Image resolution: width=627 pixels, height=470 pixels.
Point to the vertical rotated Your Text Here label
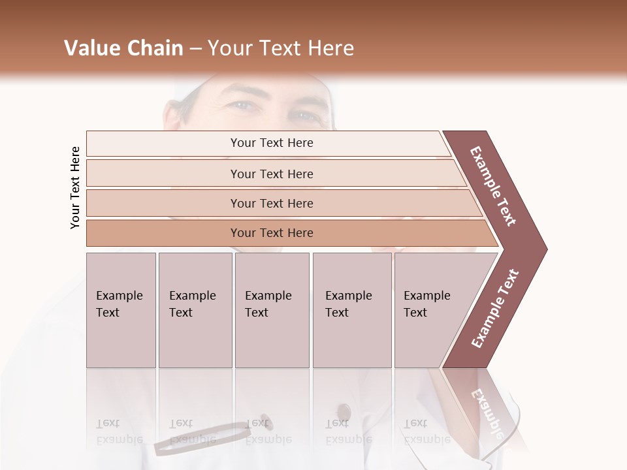point(75,187)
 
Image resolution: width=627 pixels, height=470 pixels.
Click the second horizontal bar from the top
point(272,174)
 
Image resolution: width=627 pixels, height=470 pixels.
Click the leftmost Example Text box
point(121,310)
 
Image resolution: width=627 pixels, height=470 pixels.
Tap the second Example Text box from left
point(195,310)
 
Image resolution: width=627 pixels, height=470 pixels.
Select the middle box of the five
point(272,310)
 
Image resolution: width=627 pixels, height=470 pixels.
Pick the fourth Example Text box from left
point(351,310)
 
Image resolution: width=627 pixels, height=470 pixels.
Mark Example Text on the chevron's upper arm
point(493,186)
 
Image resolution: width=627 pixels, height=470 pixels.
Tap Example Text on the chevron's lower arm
point(495,309)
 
